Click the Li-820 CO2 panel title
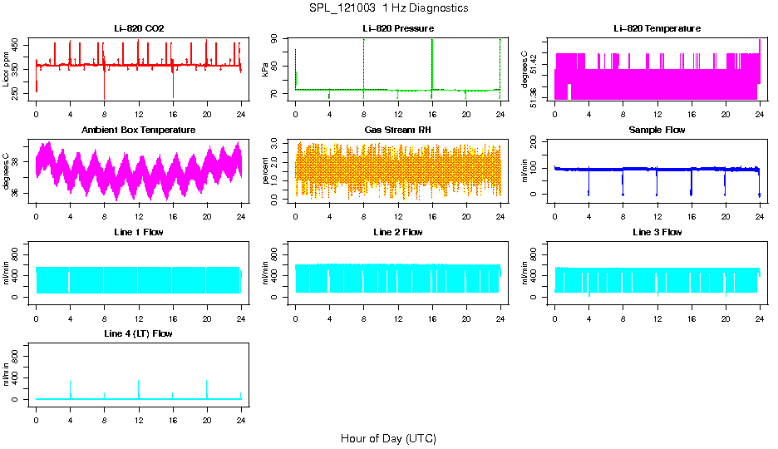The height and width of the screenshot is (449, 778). (x=139, y=28)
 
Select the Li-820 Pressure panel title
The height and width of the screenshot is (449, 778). (x=398, y=28)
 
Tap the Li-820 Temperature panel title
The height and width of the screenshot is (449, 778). (x=657, y=28)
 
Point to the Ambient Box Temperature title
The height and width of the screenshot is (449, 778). (x=139, y=130)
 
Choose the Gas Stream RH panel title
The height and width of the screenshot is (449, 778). (x=398, y=130)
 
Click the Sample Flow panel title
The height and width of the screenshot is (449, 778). (x=657, y=130)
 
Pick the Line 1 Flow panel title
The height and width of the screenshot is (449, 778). (x=139, y=232)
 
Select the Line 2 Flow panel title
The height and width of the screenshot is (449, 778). (x=398, y=232)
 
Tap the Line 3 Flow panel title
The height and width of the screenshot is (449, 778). (x=657, y=232)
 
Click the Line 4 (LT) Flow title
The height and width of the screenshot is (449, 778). (x=139, y=333)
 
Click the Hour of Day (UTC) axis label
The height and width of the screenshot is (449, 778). (x=388, y=438)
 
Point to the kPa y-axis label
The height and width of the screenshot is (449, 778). (x=265, y=70)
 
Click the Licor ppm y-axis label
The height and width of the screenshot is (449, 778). (x=7, y=70)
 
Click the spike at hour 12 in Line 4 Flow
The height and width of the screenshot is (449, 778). (x=139, y=383)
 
